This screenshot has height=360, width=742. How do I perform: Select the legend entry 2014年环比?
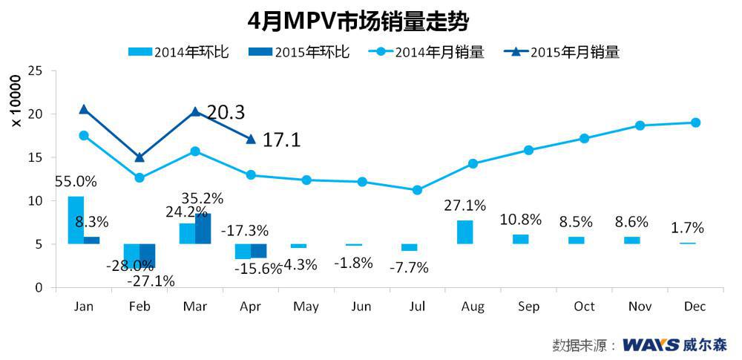[179, 52]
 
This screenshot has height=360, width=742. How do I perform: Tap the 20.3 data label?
[226, 112]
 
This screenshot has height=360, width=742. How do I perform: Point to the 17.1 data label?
[282, 139]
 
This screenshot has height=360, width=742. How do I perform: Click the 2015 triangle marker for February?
[139, 157]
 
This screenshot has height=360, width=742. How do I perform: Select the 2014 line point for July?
[417, 190]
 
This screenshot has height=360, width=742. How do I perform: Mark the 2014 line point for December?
[695, 122]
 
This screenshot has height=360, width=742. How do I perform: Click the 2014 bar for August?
[464, 232]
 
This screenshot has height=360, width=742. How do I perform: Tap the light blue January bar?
[76, 220]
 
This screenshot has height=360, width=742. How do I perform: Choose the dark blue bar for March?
[203, 229]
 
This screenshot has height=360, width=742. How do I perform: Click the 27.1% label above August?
[465, 205]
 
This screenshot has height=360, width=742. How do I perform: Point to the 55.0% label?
[76, 182]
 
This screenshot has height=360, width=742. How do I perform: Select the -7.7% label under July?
[409, 268]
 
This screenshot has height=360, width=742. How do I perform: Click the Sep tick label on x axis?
[528, 307]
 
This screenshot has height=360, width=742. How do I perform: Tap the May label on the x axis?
[306, 307]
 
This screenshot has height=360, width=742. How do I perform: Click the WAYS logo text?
[651, 345]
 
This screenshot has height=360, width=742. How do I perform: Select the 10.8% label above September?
[521, 220]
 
